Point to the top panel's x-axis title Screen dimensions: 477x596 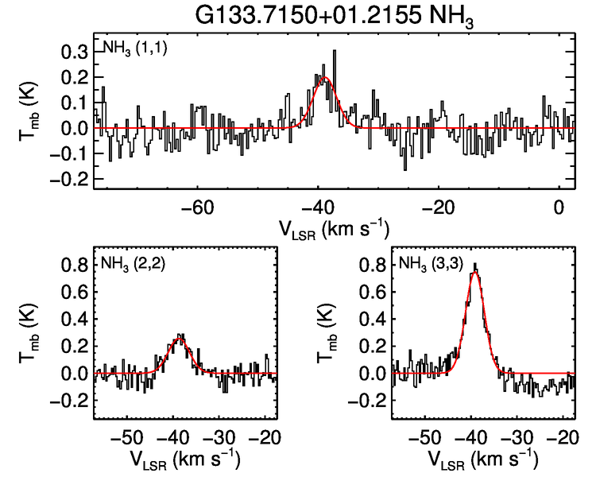point(334,229)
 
